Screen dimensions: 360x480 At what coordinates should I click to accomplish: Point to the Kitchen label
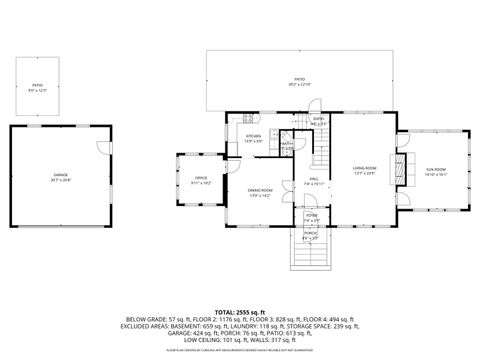click(x=254, y=138)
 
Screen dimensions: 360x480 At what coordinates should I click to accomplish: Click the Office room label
click(x=201, y=181)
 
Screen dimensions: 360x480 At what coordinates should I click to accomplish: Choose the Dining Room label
click(x=261, y=192)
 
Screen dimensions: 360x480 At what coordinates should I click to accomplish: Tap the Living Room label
click(x=363, y=169)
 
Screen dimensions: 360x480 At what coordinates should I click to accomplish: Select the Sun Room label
click(x=437, y=170)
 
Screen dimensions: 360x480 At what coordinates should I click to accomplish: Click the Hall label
click(x=313, y=182)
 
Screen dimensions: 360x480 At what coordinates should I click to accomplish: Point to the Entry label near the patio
click(x=318, y=121)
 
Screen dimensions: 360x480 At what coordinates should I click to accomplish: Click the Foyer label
click(x=311, y=217)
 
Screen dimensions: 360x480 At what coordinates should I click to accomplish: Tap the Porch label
click(x=310, y=236)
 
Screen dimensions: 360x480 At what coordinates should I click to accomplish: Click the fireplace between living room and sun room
click(x=402, y=169)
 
